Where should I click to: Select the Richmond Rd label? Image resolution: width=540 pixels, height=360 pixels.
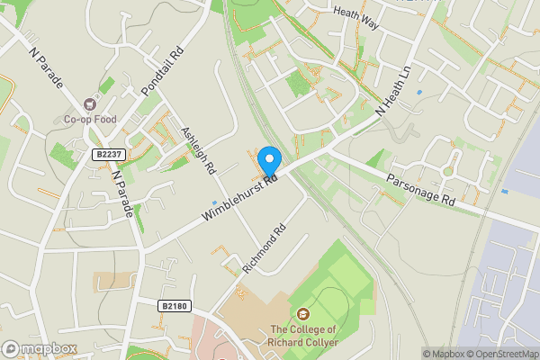264,249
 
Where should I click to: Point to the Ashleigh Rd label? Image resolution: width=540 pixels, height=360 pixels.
199,149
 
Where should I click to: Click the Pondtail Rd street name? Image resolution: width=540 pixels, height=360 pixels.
163,72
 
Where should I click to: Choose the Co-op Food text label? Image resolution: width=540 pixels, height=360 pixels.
91,119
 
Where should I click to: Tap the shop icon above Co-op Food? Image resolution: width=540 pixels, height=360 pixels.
90,104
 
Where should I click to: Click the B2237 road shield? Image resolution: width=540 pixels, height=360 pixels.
109,155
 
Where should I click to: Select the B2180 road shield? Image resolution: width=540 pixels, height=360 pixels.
175,307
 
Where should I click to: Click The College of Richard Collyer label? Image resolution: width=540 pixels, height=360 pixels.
302,336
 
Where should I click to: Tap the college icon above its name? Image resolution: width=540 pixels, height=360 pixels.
302,314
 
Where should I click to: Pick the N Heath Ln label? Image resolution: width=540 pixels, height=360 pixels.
393,94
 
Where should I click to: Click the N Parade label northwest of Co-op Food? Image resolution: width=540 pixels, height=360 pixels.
46,68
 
